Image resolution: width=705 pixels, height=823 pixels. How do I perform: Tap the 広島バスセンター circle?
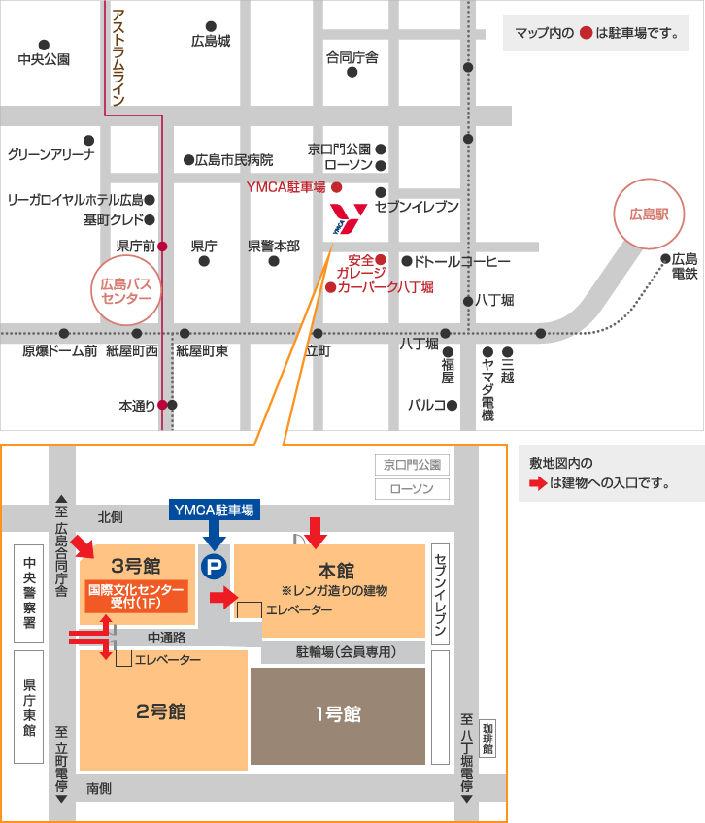(127, 290)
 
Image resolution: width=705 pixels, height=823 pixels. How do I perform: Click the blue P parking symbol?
(212, 565)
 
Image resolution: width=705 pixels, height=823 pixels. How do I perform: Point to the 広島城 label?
(211, 42)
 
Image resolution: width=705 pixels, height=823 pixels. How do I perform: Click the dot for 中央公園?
(44, 45)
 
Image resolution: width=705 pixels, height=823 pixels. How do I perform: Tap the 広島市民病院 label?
(234, 160)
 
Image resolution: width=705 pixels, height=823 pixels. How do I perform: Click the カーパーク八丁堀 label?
(386, 287)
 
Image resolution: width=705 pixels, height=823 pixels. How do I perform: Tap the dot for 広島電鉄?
(666, 258)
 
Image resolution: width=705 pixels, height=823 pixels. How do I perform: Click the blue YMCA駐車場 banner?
(214, 510)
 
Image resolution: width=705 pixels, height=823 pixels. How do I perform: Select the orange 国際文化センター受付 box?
(136, 596)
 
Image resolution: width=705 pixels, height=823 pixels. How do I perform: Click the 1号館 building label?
(338, 714)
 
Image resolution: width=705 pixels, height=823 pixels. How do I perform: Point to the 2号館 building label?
(161, 710)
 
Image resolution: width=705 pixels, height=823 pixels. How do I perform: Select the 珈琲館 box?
(487, 738)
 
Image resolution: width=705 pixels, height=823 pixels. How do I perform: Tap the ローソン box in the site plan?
(413, 489)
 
